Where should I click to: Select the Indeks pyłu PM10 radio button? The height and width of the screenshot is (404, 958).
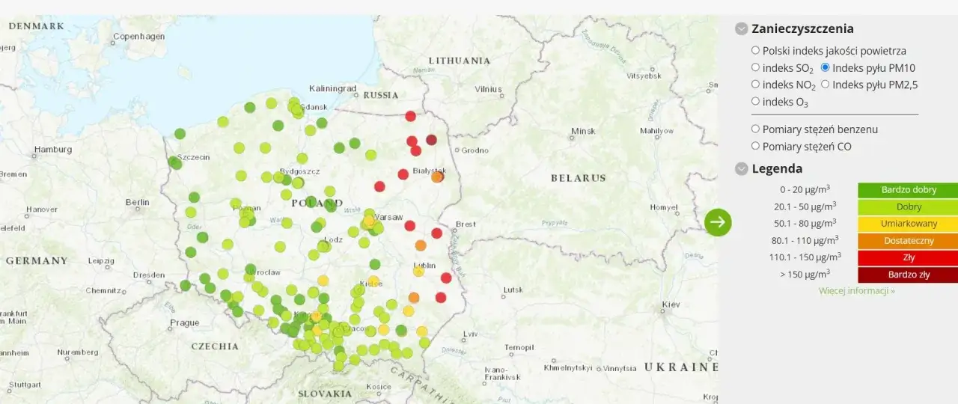(x=826, y=67)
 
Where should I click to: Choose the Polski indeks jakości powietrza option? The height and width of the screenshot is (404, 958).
(x=755, y=51)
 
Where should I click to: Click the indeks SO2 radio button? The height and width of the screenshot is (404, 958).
(x=755, y=67)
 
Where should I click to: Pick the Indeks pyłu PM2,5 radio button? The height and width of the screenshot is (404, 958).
(x=826, y=85)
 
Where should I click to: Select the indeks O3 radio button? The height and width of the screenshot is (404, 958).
(x=755, y=101)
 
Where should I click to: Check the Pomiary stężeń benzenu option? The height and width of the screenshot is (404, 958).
(x=755, y=129)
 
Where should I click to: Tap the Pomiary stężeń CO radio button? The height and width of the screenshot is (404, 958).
(x=755, y=146)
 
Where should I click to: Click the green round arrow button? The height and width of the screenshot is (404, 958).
(x=718, y=221)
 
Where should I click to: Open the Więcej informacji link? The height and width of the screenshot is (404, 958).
(x=856, y=290)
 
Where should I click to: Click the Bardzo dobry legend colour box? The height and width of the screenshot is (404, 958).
(x=908, y=190)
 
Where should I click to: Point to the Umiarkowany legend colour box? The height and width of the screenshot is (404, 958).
(x=908, y=224)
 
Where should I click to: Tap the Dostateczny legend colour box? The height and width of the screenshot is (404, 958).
(x=908, y=241)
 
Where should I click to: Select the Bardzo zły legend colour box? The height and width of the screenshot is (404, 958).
(x=908, y=275)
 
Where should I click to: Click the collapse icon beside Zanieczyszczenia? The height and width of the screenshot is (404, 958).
(x=742, y=29)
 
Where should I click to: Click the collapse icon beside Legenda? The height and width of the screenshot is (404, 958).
(x=742, y=169)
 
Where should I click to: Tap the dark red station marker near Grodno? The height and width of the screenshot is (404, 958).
(x=431, y=140)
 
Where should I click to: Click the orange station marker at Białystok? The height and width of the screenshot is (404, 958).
(x=437, y=177)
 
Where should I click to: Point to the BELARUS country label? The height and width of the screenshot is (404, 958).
(x=578, y=178)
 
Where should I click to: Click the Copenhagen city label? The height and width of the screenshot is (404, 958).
(x=138, y=36)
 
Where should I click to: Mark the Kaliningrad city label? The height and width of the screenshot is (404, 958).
(x=333, y=88)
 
